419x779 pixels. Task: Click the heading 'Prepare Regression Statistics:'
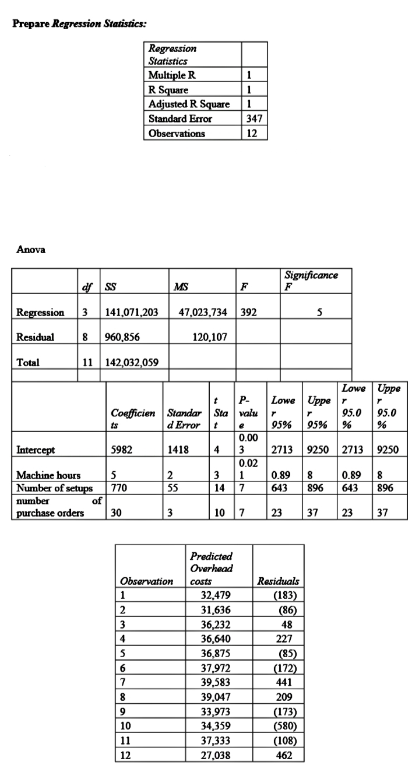(80, 25)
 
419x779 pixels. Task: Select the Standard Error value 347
(255, 119)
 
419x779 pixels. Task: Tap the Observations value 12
(255, 134)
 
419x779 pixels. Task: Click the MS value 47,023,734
(202, 313)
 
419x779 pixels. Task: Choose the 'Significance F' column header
(310, 279)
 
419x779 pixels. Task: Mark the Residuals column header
(278, 581)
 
